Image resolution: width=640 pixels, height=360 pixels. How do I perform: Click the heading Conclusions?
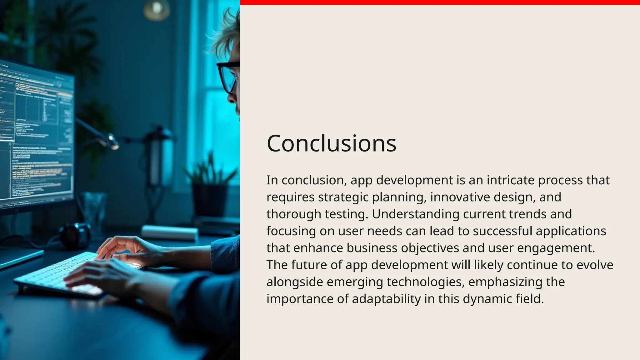[x=331, y=143]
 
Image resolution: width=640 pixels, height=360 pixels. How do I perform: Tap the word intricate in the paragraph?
[x=510, y=180]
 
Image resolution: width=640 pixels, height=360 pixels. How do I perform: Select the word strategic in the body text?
[x=343, y=197]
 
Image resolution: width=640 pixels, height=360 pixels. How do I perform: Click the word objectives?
[x=430, y=248]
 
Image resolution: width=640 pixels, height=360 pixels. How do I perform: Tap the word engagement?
[x=556, y=248]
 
